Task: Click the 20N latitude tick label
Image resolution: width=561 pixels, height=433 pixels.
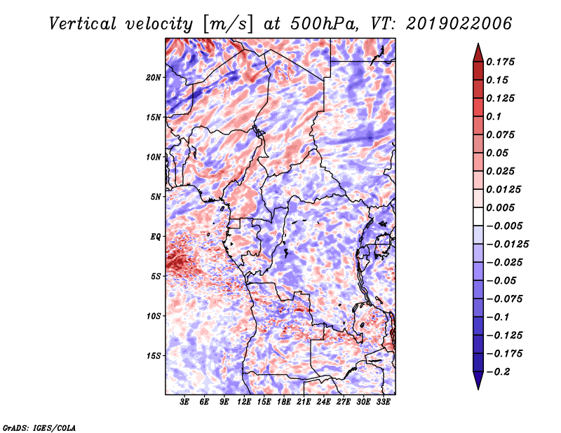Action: (154, 78)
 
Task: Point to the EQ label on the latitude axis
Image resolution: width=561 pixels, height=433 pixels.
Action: (156, 237)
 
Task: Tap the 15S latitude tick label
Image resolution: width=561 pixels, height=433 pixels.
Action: (154, 356)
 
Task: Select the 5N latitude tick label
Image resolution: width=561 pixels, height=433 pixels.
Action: (156, 197)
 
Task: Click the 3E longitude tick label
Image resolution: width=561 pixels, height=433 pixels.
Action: (184, 402)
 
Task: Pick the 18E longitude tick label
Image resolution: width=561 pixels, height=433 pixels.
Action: (284, 402)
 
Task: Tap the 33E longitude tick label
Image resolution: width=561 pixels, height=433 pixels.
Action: (383, 402)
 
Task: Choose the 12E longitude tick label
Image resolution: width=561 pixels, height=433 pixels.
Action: (244, 402)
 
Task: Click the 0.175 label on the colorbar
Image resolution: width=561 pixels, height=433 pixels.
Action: (500, 62)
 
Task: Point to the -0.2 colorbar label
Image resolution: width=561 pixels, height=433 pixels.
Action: (498, 372)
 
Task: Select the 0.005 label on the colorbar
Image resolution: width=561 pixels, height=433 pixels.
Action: (500, 207)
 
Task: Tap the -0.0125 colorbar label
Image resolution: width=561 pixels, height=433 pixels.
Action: (507, 245)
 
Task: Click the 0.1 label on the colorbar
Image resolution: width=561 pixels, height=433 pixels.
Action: (494, 116)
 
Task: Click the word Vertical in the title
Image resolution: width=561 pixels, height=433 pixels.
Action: (83, 24)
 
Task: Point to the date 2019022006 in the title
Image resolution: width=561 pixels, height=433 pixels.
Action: (459, 24)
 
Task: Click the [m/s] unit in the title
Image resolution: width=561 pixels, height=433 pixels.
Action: (228, 25)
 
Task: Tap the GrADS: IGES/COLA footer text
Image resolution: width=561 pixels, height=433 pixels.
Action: (39, 428)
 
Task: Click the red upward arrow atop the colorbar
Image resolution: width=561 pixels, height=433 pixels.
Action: (478, 53)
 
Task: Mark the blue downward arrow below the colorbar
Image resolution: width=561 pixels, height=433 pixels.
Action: (478, 380)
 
